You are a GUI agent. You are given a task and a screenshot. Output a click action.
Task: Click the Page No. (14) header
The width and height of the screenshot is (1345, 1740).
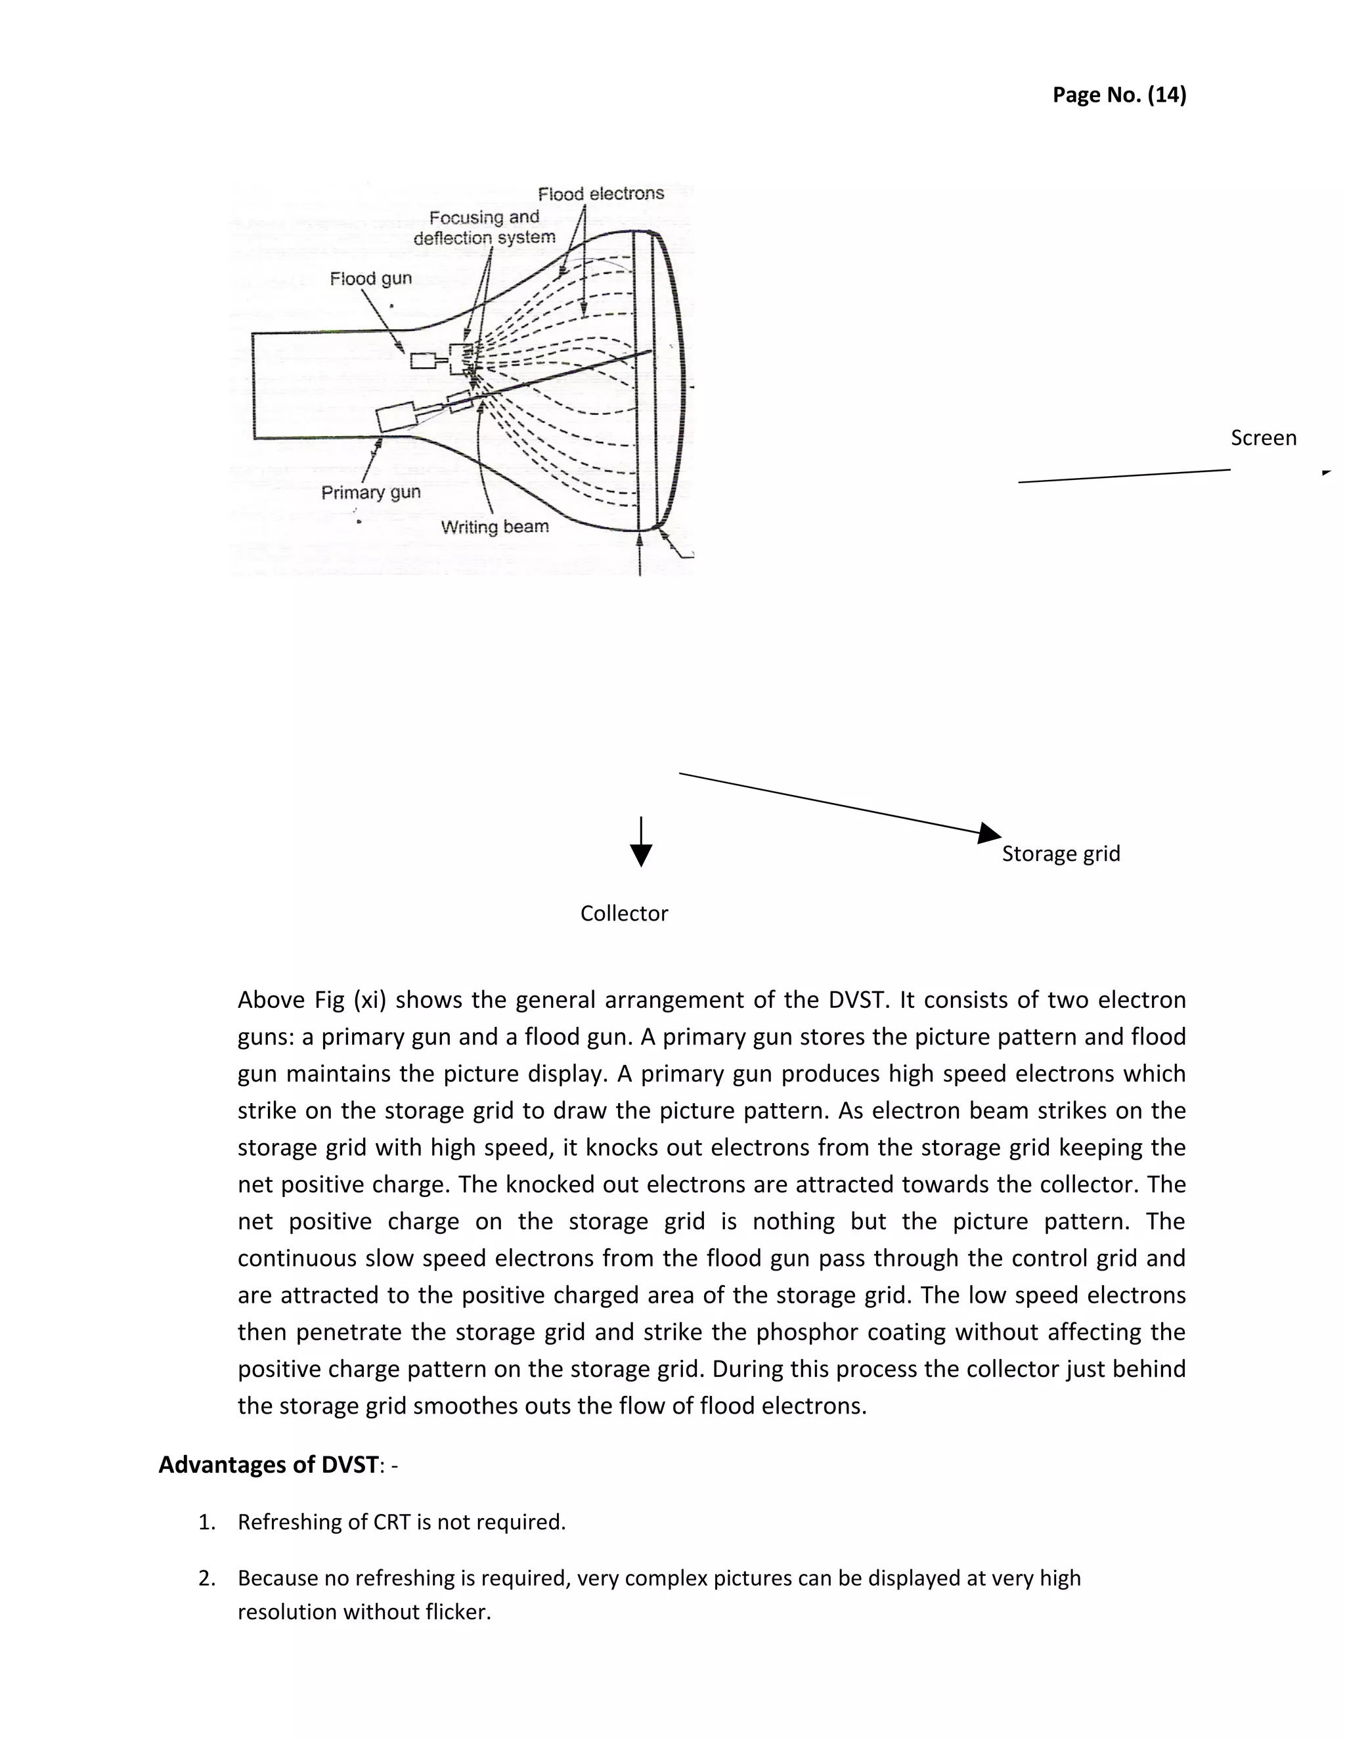(1118, 95)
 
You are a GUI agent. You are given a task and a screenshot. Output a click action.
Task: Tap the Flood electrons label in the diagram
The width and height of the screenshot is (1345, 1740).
(600, 194)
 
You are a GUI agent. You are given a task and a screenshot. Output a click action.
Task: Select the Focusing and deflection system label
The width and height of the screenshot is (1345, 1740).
(483, 227)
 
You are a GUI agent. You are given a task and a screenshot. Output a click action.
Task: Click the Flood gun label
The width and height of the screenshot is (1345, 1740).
(370, 278)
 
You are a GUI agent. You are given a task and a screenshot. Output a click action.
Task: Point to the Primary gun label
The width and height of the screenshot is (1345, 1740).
(370, 492)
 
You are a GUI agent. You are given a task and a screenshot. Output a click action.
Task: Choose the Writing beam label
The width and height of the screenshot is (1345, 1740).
(494, 527)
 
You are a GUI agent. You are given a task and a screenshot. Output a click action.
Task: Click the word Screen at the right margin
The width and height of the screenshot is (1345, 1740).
(1263, 437)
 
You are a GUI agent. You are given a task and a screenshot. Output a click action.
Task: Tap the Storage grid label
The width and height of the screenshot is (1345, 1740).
(1061, 854)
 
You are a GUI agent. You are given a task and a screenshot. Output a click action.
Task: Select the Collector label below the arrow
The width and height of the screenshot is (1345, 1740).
(624, 913)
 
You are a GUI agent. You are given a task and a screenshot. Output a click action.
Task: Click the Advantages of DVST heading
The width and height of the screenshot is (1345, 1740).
(269, 1464)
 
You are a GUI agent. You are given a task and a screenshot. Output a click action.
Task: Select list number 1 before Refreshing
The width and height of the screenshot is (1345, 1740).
(206, 1523)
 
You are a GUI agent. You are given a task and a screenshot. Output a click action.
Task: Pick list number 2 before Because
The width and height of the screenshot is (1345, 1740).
(206, 1578)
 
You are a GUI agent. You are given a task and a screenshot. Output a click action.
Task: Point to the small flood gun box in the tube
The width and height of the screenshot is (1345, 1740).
(422, 361)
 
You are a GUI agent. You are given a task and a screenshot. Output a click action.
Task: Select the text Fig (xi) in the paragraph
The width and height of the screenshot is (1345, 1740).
(345, 1000)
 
